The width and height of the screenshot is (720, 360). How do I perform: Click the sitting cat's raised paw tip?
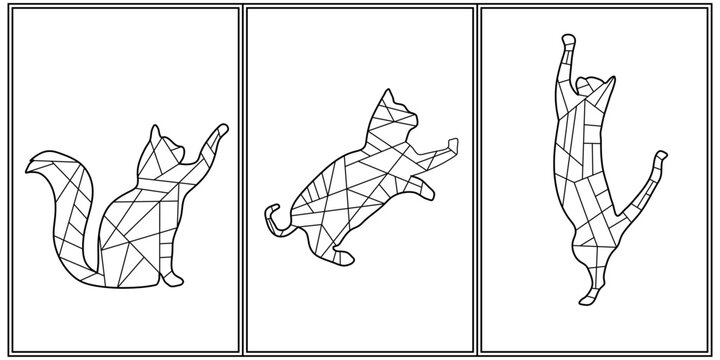[x=221, y=129]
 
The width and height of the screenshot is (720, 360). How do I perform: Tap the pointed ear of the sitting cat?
[x=155, y=132]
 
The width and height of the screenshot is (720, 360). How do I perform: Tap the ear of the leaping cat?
[x=390, y=96]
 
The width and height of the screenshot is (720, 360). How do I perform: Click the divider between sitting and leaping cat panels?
[x=240, y=180]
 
